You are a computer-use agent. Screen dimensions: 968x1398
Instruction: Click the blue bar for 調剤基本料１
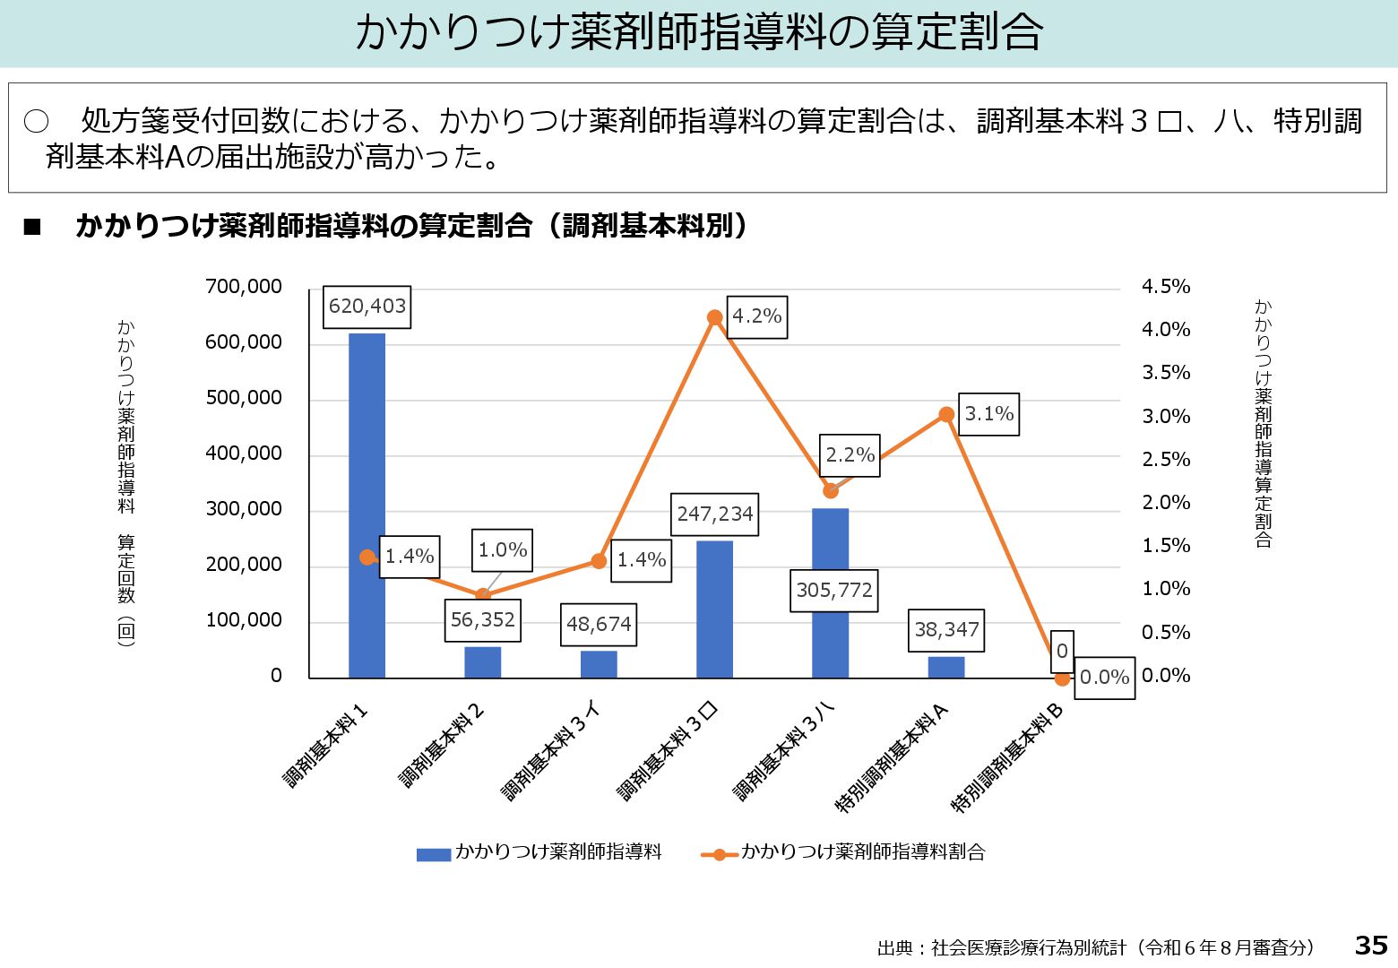pos(367,506)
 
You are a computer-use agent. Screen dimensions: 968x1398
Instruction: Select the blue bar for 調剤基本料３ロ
pos(714,609)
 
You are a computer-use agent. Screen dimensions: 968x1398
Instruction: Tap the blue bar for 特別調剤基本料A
pos(946,667)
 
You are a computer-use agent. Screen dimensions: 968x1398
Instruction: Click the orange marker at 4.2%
pos(714,317)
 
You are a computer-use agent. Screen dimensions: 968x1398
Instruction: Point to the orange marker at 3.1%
pos(946,414)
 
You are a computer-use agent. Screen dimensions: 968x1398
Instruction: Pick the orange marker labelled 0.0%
pos(1062,678)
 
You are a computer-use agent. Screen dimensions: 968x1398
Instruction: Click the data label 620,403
pos(367,307)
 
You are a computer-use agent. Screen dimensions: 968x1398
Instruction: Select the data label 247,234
pos(715,514)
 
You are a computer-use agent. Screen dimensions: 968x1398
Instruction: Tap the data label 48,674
pos(599,625)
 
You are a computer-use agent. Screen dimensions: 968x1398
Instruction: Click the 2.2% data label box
pos(850,455)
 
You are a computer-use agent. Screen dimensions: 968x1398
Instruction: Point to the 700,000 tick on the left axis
pos(244,287)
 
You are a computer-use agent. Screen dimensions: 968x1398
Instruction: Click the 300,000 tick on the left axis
pos(244,509)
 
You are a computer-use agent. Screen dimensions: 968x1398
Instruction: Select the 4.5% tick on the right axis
pos(1166,287)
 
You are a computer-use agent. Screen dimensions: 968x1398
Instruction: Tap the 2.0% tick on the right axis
pos(1166,503)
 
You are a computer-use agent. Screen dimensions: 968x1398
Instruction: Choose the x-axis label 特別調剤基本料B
pos(1007,758)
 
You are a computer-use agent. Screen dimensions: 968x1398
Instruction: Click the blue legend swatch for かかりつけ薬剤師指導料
pos(433,854)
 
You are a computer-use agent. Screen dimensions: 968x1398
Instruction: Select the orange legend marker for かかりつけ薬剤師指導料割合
pos(719,854)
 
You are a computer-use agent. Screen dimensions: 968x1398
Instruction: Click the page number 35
pos(1371,946)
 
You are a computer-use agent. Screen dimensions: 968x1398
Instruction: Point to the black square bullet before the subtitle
pos(33,228)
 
